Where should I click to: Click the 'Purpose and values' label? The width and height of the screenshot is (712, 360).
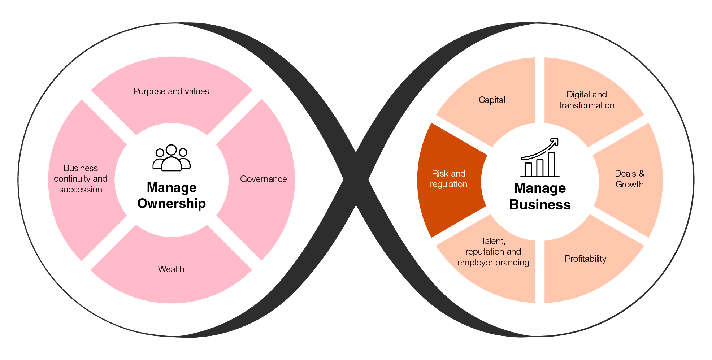tap(171, 91)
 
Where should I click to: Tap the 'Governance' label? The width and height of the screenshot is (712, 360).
tap(263, 179)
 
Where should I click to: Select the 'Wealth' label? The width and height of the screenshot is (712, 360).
tap(171, 269)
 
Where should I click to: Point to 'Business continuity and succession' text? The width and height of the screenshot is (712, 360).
tap(81, 179)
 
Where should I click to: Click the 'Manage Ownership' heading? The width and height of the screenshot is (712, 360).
tap(172, 195)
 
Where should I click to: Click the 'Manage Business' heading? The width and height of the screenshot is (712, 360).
tap(540, 196)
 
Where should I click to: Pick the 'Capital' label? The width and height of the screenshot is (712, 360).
tap(492, 100)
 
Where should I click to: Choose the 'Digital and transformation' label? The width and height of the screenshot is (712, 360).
tap(587, 100)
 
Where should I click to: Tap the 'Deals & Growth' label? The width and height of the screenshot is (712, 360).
tap(629, 179)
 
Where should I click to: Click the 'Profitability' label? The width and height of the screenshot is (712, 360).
tap(585, 259)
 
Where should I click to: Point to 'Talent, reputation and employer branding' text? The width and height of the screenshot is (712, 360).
tap(493, 252)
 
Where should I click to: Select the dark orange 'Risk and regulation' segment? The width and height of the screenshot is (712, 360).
tap(448, 179)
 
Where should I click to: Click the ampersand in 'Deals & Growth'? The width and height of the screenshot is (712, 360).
tap(641, 174)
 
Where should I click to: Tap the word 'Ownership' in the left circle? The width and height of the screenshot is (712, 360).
tap(172, 204)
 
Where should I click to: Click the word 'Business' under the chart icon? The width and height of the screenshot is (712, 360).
tap(540, 205)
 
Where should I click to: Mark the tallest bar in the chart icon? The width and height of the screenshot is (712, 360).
tap(552, 165)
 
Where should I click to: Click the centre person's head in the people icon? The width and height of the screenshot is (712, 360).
tap(171, 150)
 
